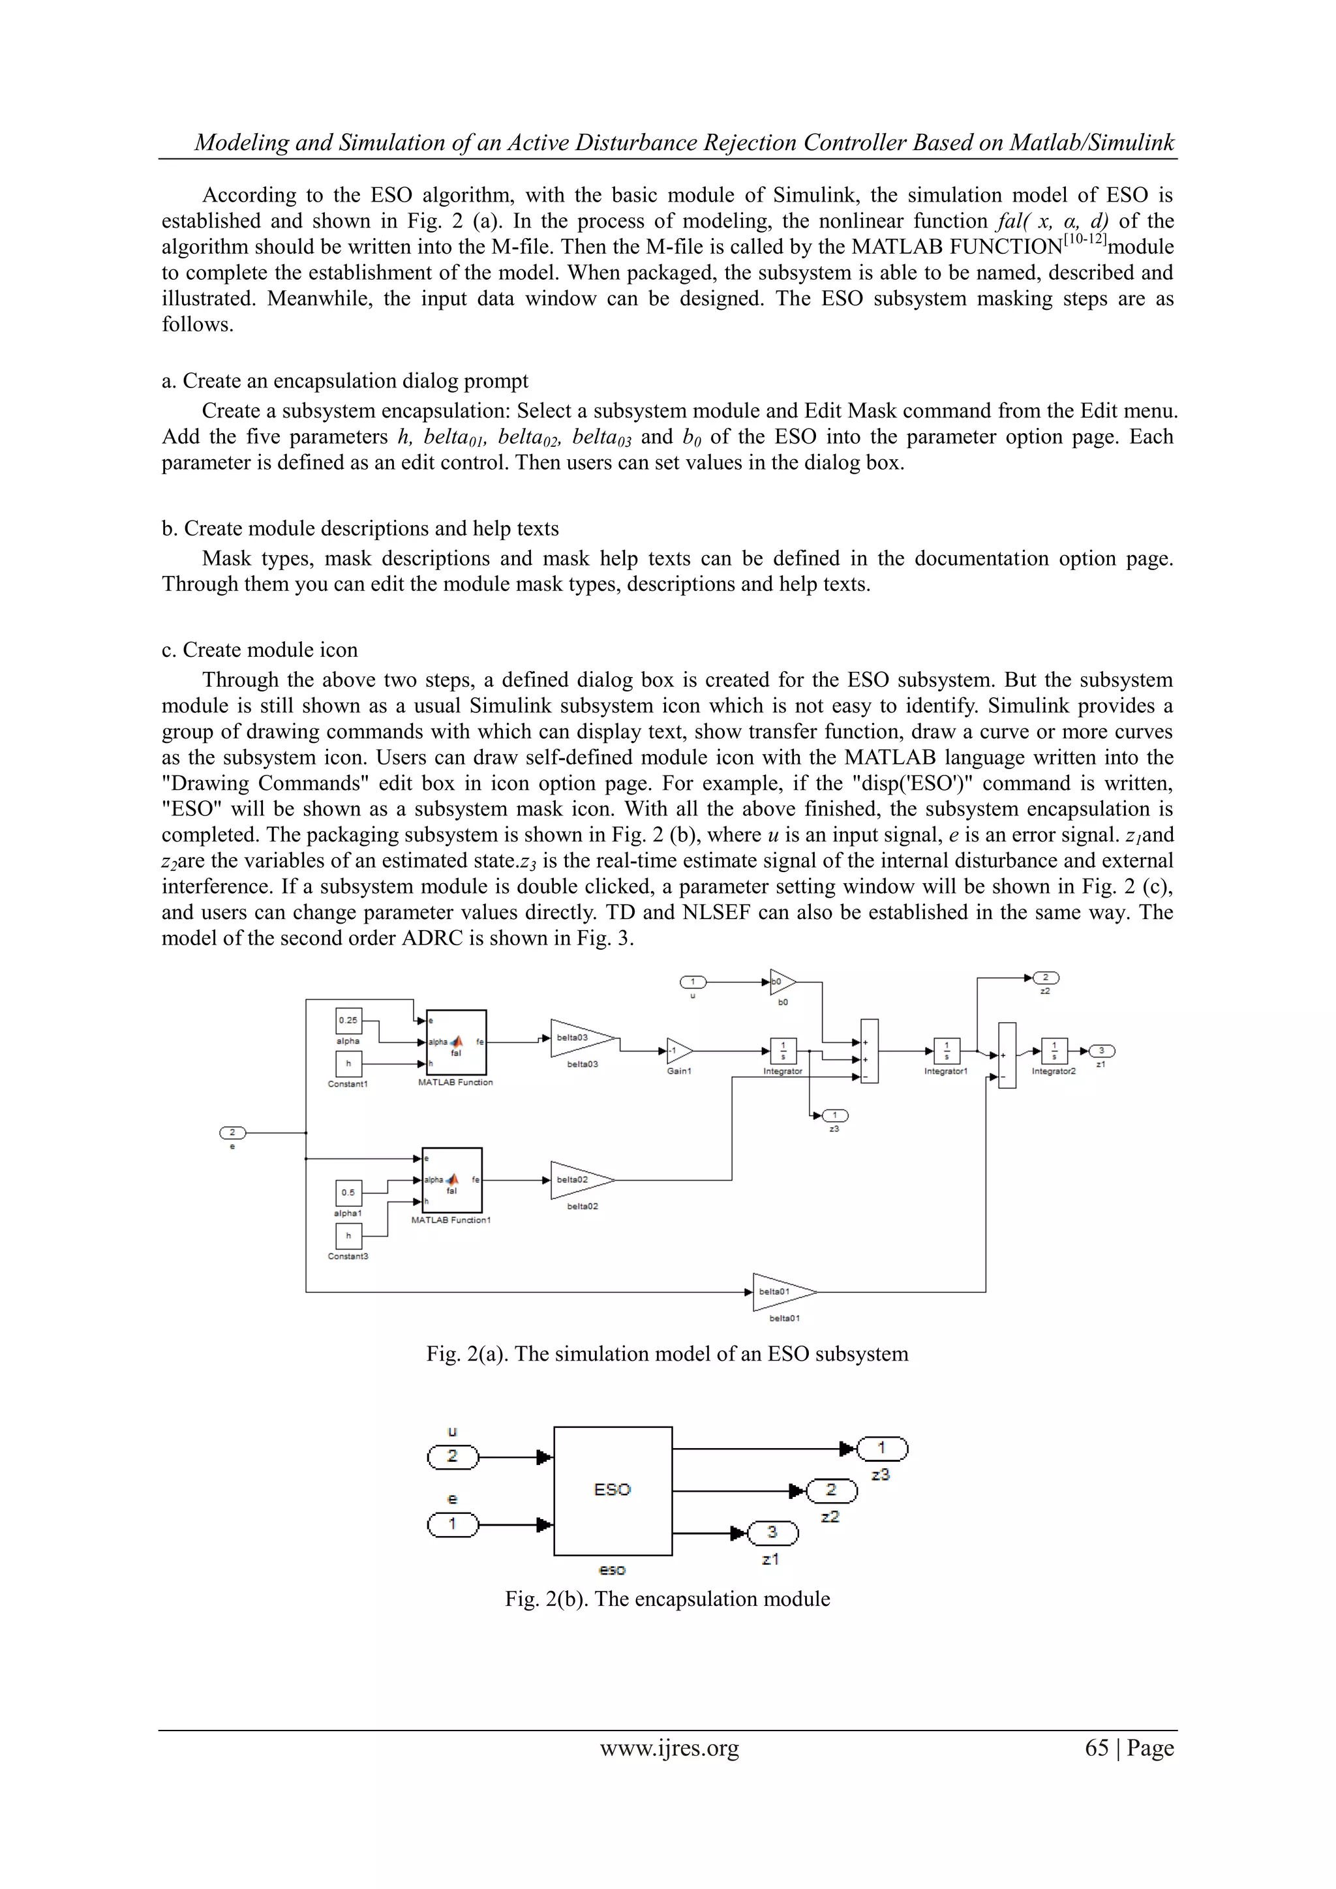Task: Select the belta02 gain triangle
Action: (x=579, y=1180)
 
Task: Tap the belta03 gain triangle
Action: (x=579, y=1038)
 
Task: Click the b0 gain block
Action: (x=782, y=982)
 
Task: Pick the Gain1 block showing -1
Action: (x=678, y=1051)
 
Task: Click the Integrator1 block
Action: (x=946, y=1051)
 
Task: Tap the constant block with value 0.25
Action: (x=349, y=1020)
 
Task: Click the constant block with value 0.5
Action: (x=349, y=1192)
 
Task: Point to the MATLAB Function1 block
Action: (x=451, y=1180)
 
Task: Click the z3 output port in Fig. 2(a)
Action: (x=834, y=1115)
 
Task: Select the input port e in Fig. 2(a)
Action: (x=233, y=1132)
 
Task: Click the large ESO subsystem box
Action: (x=613, y=1490)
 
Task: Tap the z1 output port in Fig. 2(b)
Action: (x=772, y=1532)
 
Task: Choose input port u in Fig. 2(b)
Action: (x=453, y=1457)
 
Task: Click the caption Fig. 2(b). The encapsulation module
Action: (x=667, y=1599)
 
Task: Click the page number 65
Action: (x=1097, y=1747)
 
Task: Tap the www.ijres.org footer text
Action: (x=669, y=1747)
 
